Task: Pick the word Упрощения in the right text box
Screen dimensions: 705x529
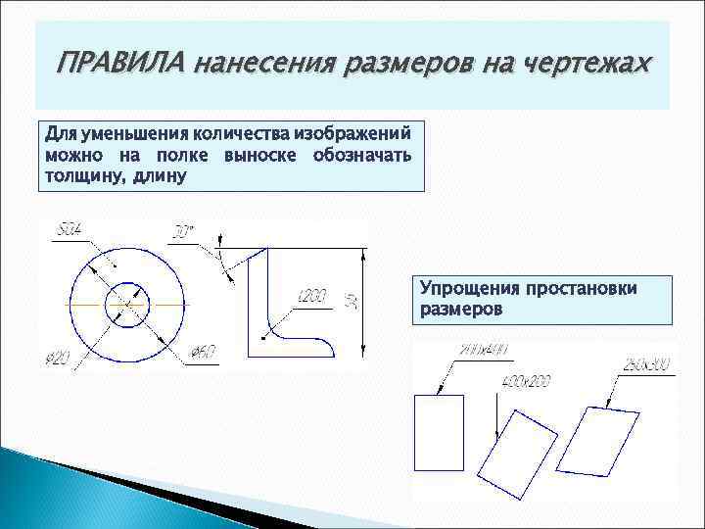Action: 470,289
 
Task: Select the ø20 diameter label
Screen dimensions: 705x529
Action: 57,360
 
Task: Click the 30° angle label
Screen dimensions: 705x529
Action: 183,233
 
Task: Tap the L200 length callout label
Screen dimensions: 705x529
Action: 311,296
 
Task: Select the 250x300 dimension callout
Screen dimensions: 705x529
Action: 646,366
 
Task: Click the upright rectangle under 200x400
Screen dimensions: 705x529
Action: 440,434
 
